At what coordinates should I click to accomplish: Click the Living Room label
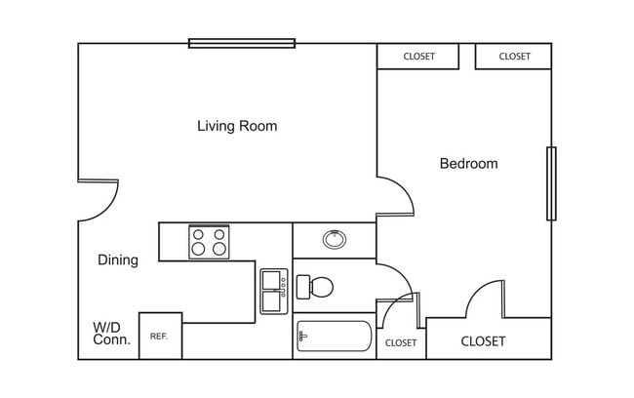[x=237, y=126]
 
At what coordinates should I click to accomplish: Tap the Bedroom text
[x=468, y=164]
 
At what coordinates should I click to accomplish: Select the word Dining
[x=117, y=260]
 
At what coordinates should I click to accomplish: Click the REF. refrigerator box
[x=160, y=336]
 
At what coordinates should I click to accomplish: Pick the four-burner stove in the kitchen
[x=209, y=241]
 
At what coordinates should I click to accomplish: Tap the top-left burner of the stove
[x=199, y=233]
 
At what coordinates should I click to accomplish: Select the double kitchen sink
[x=274, y=291]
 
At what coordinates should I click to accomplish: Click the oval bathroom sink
[x=334, y=238]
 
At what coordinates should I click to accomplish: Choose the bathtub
[x=334, y=338]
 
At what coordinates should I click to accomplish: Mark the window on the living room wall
[x=242, y=43]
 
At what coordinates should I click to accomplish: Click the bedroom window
[x=551, y=183]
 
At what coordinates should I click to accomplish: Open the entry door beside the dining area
[x=98, y=200]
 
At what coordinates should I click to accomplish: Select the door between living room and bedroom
[x=396, y=195]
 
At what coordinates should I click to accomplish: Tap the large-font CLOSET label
[x=483, y=341]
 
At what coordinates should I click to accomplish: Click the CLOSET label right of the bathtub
[x=401, y=342]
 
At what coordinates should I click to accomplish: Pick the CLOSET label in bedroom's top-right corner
[x=514, y=57]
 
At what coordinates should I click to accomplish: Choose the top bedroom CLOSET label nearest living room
[x=418, y=57]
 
